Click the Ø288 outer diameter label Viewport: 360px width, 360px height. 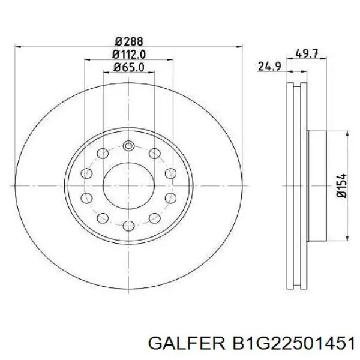(x=128, y=41)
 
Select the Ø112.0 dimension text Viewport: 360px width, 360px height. (x=128, y=54)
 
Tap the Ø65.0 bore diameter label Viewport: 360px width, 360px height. (x=128, y=67)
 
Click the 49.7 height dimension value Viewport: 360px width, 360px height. (x=307, y=53)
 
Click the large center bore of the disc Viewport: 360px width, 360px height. (x=128, y=186)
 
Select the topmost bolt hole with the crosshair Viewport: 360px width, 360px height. (x=128, y=145)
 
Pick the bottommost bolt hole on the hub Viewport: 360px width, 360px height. (x=128, y=226)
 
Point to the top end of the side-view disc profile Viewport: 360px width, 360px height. (x=293, y=84)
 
